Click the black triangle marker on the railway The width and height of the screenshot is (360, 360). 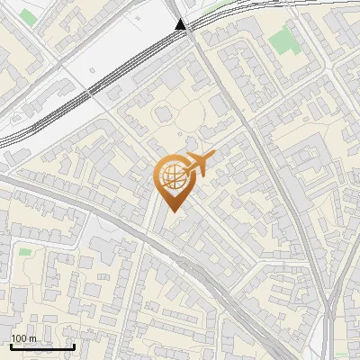tap(182, 25)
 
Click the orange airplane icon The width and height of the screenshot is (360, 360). tap(199, 164)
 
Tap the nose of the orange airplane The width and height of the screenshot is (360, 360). tap(213, 157)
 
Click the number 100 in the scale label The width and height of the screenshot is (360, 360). tap(18, 338)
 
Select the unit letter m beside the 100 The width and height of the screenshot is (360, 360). tap(31, 338)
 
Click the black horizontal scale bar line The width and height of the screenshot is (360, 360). tap(41, 346)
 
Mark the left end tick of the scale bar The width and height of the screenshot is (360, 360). tap(10, 345)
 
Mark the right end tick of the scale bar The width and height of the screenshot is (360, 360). tap(73, 345)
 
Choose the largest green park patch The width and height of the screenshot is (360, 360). tap(283, 40)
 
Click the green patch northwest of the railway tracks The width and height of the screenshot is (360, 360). tap(29, 17)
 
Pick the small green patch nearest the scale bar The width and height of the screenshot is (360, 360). tap(24, 251)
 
